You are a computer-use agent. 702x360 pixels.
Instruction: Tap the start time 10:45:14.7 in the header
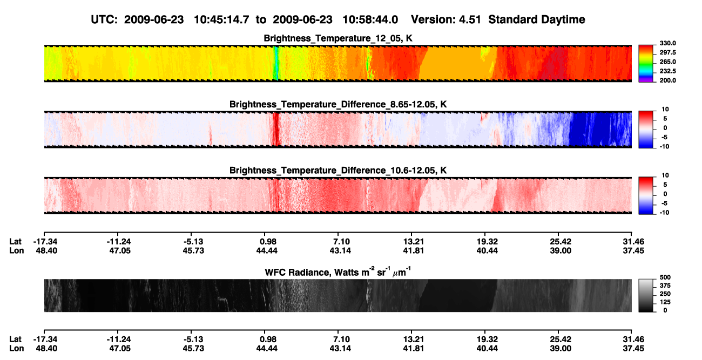pyautogui.click(x=221, y=19)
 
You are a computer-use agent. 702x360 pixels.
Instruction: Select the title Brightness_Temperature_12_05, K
pyautogui.click(x=338, y=38)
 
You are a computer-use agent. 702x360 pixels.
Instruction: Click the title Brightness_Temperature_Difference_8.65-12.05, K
pyautogui.click(x=338, y=104)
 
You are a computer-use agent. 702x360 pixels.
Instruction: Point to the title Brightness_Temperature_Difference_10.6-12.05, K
pyautogui.click(x=338, y=171)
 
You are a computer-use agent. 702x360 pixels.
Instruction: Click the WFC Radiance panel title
pyautogui.click(x=338, y=271)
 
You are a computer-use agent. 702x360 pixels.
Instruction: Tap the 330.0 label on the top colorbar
pyautogui.click(x=667, y=43)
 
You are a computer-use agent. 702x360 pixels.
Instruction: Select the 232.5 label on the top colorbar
pyautogui.click(x=667, y=71)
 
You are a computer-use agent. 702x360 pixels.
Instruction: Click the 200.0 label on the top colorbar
pyautogui.click(x=667, y=80)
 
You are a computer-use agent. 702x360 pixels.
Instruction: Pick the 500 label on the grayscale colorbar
pyautogui.click(x=665, y=277)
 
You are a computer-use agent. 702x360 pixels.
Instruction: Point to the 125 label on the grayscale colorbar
pyautogui.click(x=665, y=302)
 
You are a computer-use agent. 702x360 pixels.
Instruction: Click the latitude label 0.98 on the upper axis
pyautogui.click(x=268, y=242)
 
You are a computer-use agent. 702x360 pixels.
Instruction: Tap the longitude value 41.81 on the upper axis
pyautogui.click(x=413, y=250)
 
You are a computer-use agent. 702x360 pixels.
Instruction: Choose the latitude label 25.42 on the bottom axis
pyautogui.click(x=561, y=339)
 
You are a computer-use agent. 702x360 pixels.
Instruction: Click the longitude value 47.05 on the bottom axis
pyautogui.click(x=120, y=349)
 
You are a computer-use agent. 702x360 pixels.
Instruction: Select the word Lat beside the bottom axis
pyautogui.click(x=15, y=339)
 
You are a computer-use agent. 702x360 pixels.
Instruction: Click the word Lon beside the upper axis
pyautogui.click(x=16, y=250)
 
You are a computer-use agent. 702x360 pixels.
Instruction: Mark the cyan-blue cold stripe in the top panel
pyautogui.click(x=275, y=63)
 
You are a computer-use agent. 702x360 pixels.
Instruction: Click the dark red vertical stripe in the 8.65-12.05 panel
pyautogui.click(x=276, y=129)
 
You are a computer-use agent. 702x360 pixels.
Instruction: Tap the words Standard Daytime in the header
pyautogui.click(x=537, y=19)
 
